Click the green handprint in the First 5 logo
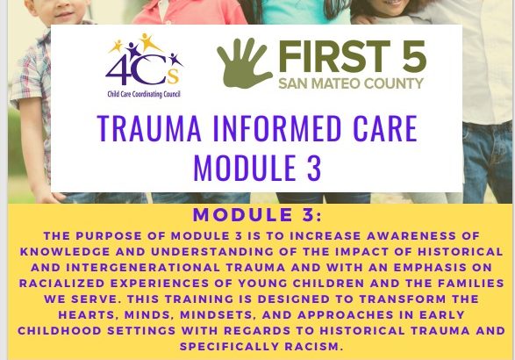(244, 63)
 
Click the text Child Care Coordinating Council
(144, 94)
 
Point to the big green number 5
(414, 56)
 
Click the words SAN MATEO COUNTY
(351, 83)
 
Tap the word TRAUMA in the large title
(149, 128)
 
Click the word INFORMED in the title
(277, 128)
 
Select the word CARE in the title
(385, 128)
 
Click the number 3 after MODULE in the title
(314, 168)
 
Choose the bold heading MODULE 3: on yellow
(258, 215)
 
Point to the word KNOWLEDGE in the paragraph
(65, 251)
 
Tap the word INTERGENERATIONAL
(143, 267)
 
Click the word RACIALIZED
(61, 283)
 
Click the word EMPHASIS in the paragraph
(430, 267)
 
